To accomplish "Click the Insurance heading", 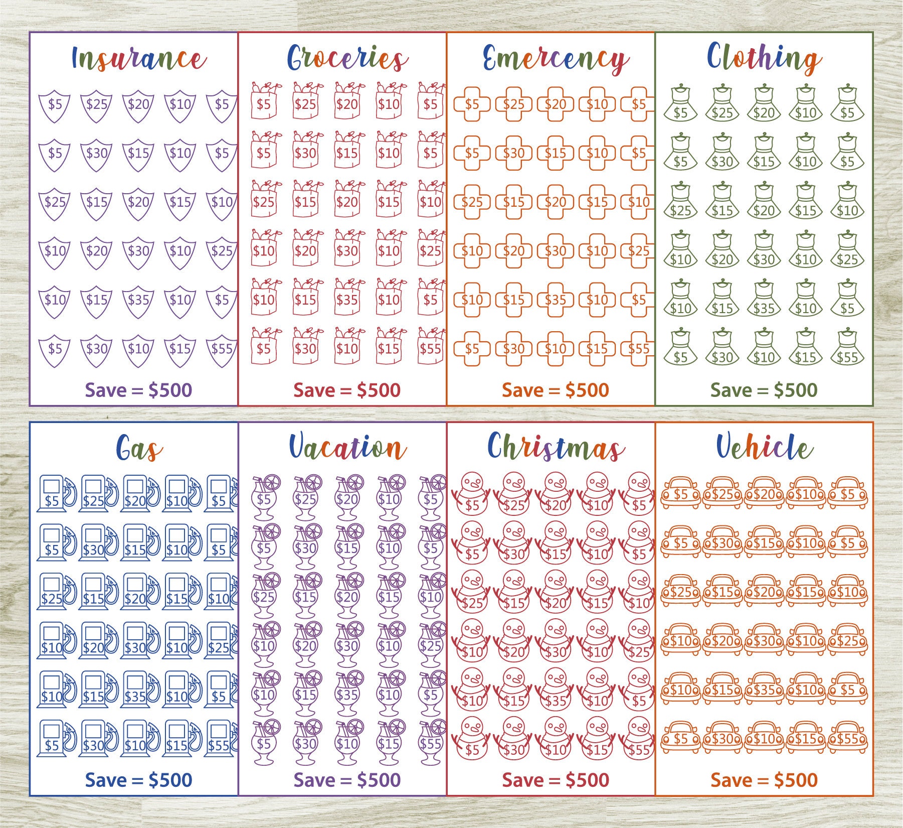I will pos(138,59).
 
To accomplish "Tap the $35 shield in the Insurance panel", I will pos(138,300).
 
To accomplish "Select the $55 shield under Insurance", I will pos(222,349).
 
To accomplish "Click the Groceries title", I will pos(347,59).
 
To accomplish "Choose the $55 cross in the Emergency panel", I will pos(638,349).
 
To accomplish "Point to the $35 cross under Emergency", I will pos(555,300).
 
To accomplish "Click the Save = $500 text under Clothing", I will pos(764,390).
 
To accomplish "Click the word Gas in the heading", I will pos(138,448).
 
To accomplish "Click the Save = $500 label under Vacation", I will pos(347,780).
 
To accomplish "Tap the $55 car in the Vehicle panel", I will pos(847,738).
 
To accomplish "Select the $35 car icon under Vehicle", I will pos(764,689).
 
